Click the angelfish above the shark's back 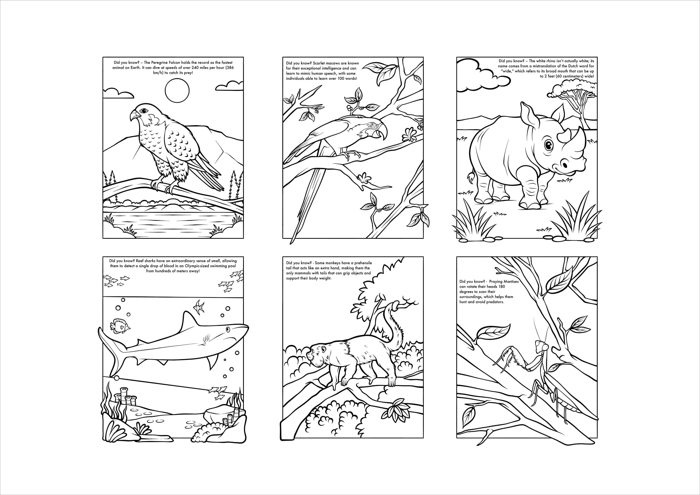pos(199,307)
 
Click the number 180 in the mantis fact pos(501,287)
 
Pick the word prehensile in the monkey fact pos(363,263)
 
